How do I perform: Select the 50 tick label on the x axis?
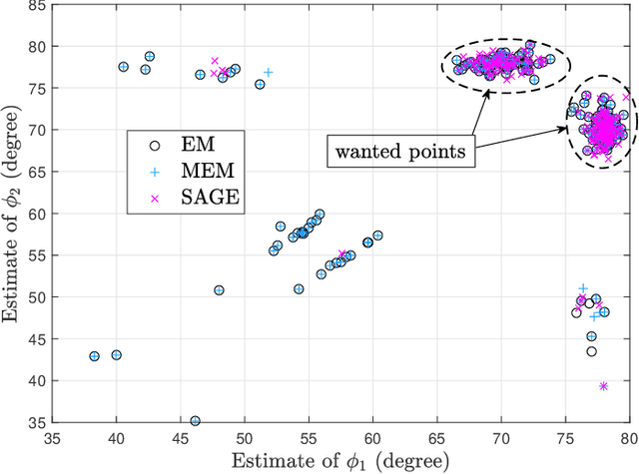tap(245, 438)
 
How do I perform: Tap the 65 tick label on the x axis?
tap(436, 438)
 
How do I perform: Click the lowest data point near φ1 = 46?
tap(195, 421)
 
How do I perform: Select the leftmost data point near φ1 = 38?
tap(95, 356)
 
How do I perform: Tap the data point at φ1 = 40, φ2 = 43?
tap(117, 355)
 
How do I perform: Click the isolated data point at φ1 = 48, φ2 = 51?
tap(219, 290)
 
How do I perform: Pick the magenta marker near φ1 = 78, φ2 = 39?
tap(603, 386)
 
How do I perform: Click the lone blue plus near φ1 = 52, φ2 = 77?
tap(268, 73)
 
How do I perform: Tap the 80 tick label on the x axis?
tap(627, 438)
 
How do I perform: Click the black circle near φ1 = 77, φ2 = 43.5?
tap(591, 351)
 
